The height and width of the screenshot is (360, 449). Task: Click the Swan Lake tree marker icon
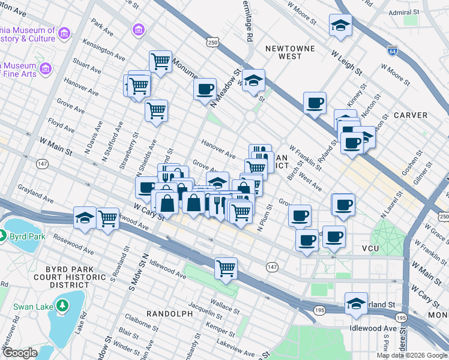62,307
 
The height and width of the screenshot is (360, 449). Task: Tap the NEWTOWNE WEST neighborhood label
282,50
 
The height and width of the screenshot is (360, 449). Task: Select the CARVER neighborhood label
411,115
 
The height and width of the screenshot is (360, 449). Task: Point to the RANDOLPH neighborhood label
165,314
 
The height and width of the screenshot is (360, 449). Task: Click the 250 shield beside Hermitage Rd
212,43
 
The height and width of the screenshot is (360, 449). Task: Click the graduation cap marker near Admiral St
340,26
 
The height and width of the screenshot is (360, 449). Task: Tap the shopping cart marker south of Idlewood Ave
226,268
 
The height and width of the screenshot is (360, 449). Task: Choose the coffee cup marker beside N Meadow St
205,89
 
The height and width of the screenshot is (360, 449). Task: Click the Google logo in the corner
20,353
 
